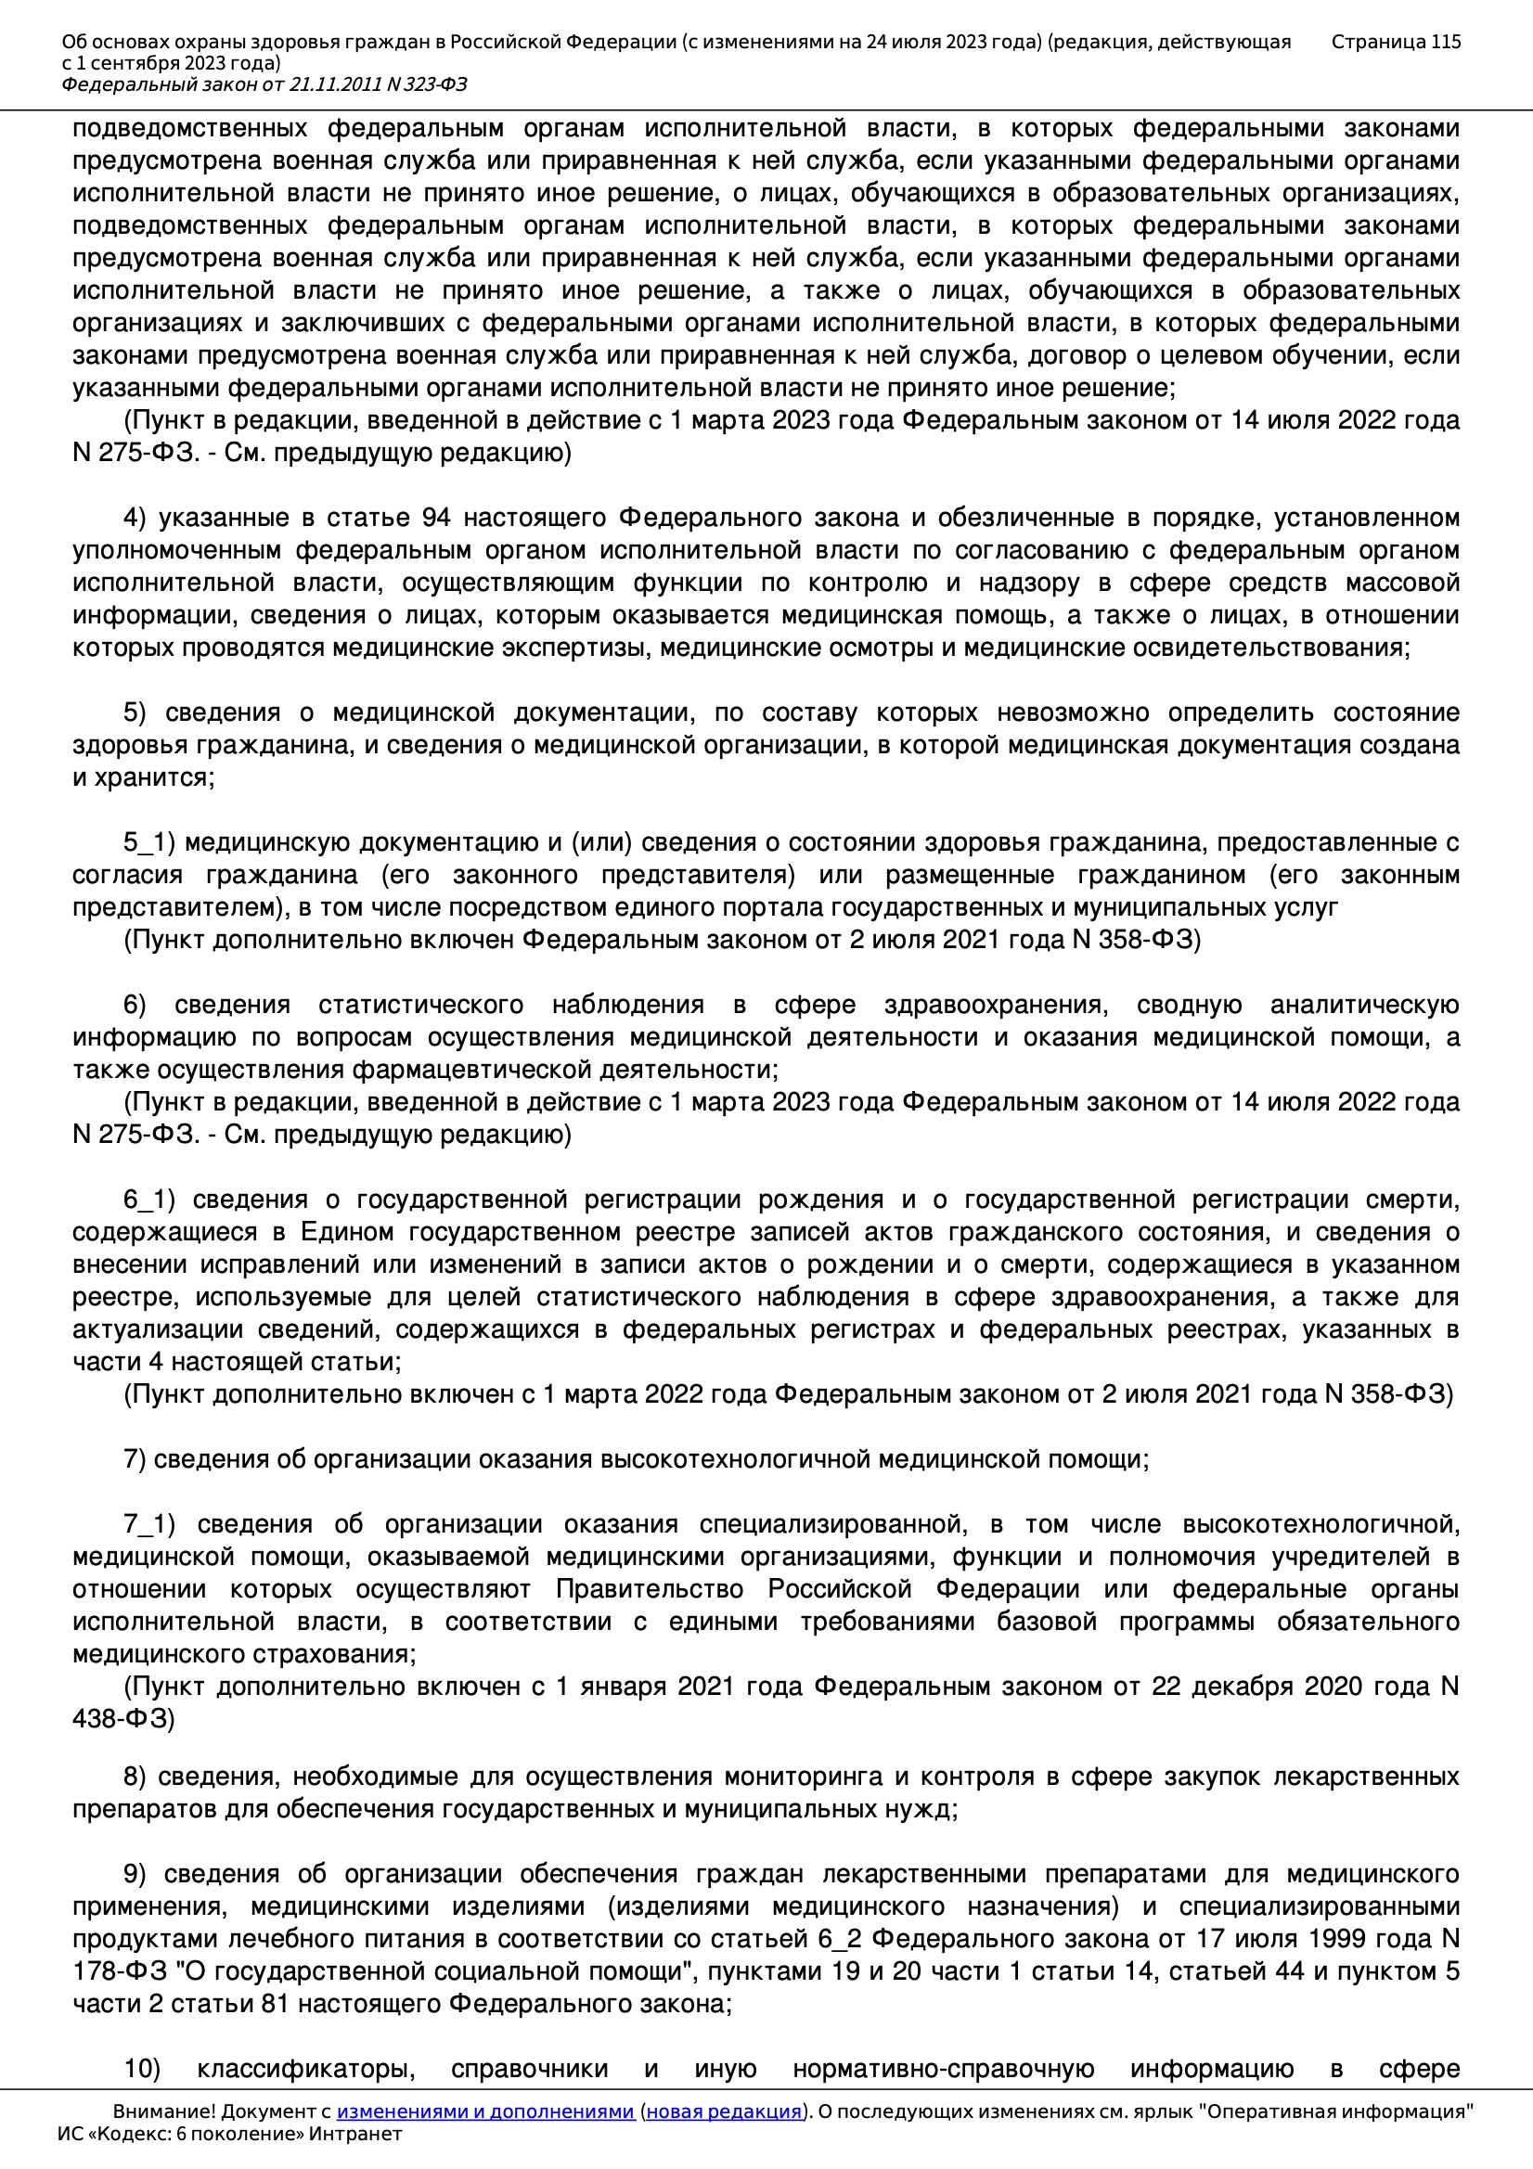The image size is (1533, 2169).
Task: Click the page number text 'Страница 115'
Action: tap(1395, 42)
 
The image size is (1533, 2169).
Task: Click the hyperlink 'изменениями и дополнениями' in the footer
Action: tap(484, 2111)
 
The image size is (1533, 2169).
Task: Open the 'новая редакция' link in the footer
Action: tap(724, 2111)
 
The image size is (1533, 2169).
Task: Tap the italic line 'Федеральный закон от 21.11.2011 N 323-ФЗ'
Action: tap(264, 85)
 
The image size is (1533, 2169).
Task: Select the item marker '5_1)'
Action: tap(149, 841)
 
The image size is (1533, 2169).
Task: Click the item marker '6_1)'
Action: tap(149, 1200)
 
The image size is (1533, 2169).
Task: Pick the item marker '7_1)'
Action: tap(149, 1524)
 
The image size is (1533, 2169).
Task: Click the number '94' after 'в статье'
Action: tap(436, 518)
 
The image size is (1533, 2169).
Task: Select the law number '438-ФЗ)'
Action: tap(123, 1718)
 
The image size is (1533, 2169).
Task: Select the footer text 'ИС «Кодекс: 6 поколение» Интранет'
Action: tap(229, 2134)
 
